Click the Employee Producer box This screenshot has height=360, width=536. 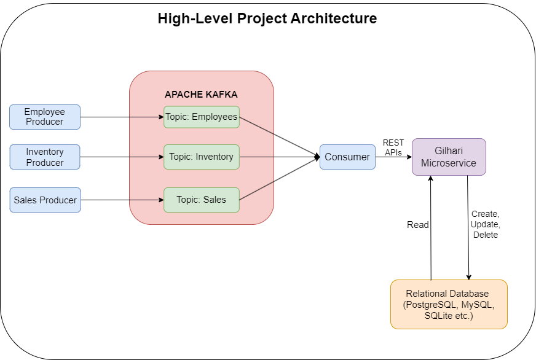pos(45,117)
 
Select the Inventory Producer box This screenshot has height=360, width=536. pos(45,157)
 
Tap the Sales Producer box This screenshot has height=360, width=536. pos(45,200)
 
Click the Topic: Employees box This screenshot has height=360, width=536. pos(202,117)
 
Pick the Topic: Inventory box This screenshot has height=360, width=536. pos(202,157)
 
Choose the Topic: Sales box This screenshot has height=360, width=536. pos(202,200)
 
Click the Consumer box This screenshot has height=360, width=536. pos(347,157)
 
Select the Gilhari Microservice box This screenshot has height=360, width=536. pos(449,157)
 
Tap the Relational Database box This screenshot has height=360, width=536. pos(449,304)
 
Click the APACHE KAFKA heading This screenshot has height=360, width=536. pos(201,94)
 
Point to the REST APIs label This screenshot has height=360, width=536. pos(393,147)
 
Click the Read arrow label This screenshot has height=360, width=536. pos(418,225)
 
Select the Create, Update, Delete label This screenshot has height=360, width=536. pos(486,224)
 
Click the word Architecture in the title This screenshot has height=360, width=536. pos(334,18)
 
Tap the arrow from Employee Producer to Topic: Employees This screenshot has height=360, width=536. pos(122,117)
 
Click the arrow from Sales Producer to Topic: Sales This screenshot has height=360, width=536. pos(122,200)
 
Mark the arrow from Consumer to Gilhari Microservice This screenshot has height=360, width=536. pos(393,157)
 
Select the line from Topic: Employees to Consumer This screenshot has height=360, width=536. pos(280,137)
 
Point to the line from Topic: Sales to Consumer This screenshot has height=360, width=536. pos(280,178)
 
